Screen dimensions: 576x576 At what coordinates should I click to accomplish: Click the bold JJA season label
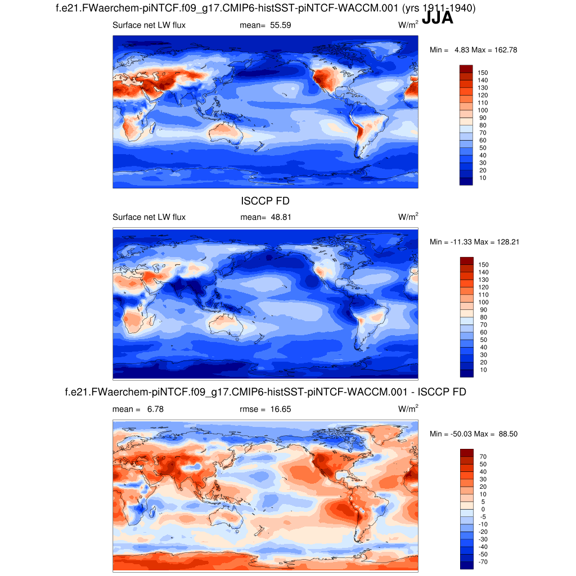[437, 19]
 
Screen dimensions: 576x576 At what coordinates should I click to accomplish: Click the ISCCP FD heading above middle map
[265, 201]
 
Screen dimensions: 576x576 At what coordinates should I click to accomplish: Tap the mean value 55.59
[280, 25]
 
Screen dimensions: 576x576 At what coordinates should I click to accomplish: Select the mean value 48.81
[280, 217]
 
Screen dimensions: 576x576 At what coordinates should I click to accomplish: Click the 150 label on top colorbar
[483, 73]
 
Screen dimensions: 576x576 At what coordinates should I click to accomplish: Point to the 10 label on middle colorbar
[483, 370]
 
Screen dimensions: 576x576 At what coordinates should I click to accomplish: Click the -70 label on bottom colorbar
[483, 562]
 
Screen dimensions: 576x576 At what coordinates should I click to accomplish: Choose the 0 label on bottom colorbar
[483, 509]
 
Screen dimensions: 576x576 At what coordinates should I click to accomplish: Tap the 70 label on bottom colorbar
[483, 457]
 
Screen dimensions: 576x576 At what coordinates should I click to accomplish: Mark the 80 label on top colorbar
[483, 125]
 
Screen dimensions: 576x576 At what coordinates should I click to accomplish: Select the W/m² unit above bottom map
[408, 409]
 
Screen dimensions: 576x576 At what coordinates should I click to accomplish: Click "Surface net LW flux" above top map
[149, 25]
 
